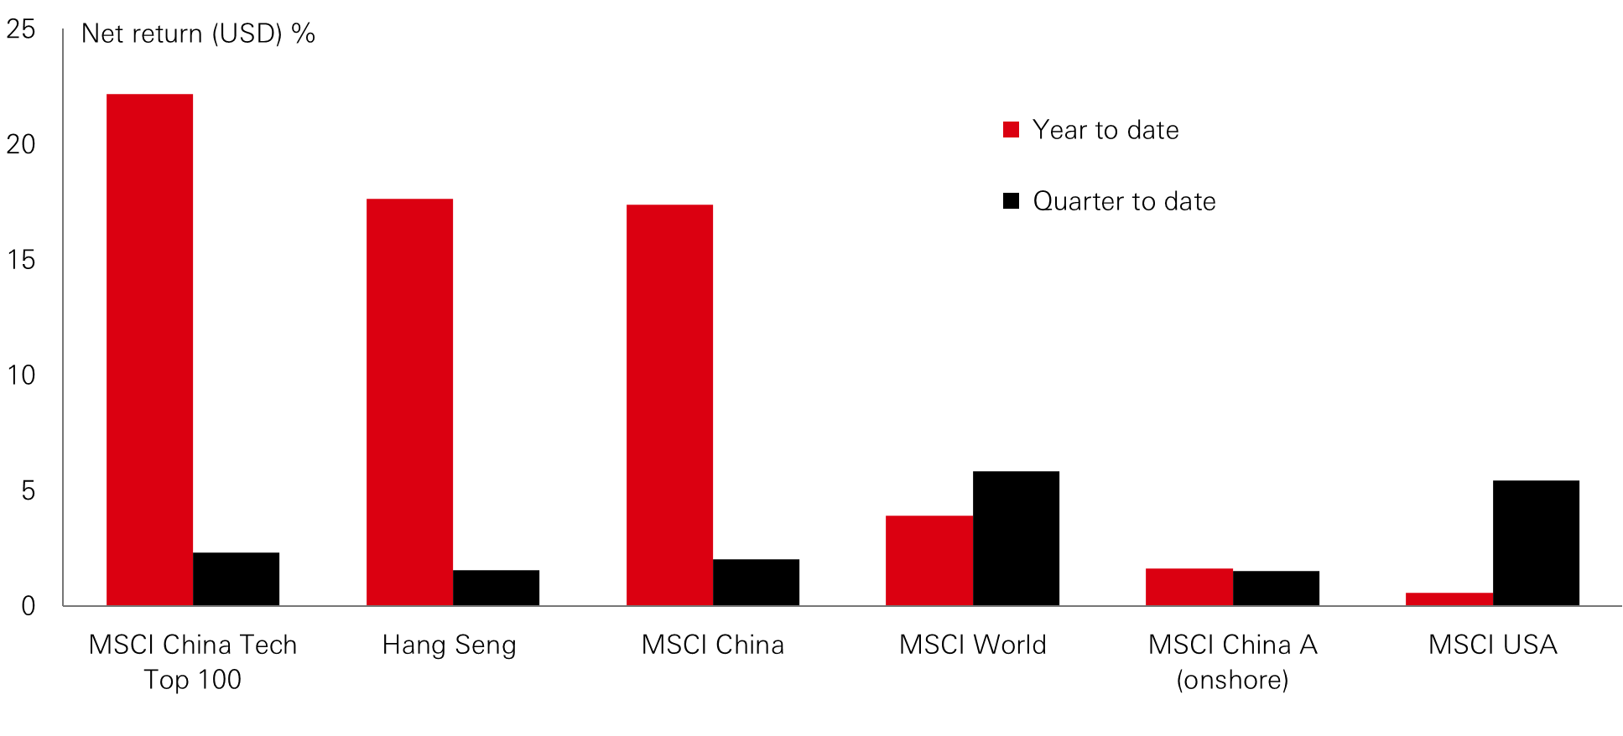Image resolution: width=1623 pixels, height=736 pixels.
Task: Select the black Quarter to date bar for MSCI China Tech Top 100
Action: pyautogui.click(x=236, y=579)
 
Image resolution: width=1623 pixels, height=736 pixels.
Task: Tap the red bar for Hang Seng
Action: pyautogui.click(x=409, y=402)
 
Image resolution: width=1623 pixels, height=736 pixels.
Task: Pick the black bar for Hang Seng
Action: pyautogui.click(x=496, y=588)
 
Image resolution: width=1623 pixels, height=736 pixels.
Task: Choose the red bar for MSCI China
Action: pyautogui.click(x=669, y=405)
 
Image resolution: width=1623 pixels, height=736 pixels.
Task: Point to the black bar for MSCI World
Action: pyautogui.click(x=1016, y=538)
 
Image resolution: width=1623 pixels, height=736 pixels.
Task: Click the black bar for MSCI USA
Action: pyautogui.click(x=1536, y=543)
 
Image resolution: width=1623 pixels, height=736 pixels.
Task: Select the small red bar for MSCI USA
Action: pyautogui.click(x=1449, y=599)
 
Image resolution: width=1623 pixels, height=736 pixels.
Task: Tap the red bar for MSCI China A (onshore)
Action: pyautogui.click(x=1189, y=587)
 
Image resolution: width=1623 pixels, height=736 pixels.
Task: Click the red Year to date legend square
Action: pyautogui.click(x=1011, y=130)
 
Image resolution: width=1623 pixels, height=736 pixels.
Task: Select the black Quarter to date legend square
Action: pyautogui.click(x=1011, y=201)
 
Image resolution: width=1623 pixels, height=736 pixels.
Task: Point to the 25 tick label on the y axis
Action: pyautogui.click(x=21, y=29)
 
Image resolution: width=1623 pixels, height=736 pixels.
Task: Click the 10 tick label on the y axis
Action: pyautogui.click(x=21, y=375)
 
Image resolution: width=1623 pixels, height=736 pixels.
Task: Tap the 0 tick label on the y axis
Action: pyautogui.click(x=29, y=606)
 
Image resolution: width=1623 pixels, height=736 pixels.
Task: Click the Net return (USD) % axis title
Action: pyautogui.click(x=198, y=34)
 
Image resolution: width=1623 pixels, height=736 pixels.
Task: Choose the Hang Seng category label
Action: pyautogui.click(x=449, y=645)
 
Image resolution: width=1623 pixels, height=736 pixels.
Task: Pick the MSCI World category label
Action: pyautogui.click(x=972, y=645)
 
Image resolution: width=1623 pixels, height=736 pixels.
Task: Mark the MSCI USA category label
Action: pyautogui.click(x=1492, y=645)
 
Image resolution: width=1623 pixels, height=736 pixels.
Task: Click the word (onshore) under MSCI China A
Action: pyautogui.click(x=1232, y=680)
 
